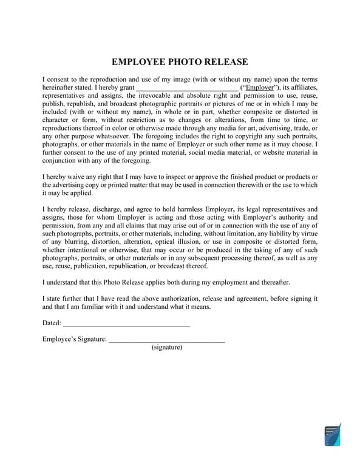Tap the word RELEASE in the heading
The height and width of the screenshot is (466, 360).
click(x=225, y=62)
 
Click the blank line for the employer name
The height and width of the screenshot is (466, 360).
click(x=187, y=87)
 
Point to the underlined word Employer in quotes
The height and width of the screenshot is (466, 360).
click(x=259, y=87)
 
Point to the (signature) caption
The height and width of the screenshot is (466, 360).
click(x=166, y=347)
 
